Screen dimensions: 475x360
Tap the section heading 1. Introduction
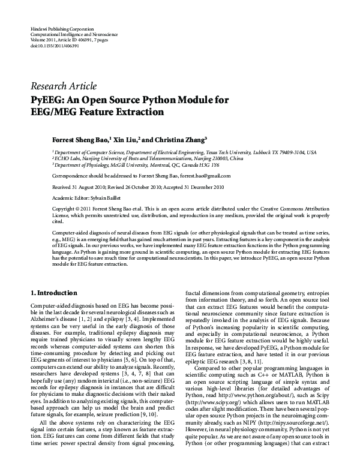[x=53, y=293]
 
